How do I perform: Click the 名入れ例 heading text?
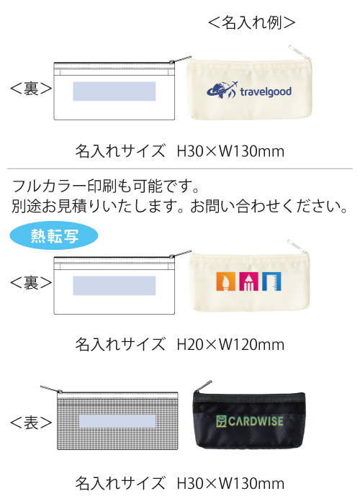(252, 22)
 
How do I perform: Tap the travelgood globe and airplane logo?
(222, 90)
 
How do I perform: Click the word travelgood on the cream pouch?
(266, 92)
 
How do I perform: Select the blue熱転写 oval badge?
(54, 235)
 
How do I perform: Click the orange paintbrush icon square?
(226, 282)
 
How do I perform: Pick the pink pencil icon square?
(248, 282)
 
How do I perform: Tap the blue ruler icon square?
(271, 282)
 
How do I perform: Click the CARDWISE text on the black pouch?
(256, 421)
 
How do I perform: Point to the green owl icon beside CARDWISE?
(222, 421)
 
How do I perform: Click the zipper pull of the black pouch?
(204, 386)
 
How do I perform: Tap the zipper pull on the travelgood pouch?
(299, 52)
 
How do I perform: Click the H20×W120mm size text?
(230, 345)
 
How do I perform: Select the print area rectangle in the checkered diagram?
(117, 421)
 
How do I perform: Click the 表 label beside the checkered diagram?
(31, 423)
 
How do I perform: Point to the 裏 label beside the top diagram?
(31, 89)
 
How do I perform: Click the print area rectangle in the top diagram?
(114, 91)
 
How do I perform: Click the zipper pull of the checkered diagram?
(51, 389)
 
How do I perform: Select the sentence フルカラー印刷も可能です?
(105, 186)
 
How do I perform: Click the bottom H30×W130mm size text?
(230, 483)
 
